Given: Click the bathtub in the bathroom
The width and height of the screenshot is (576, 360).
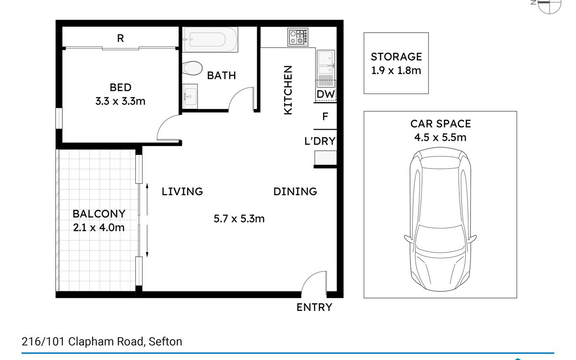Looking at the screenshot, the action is coord(210,39).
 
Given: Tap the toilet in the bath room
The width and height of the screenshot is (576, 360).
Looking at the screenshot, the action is coord(192,68).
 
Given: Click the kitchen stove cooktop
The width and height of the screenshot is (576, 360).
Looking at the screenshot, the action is coord(298,37).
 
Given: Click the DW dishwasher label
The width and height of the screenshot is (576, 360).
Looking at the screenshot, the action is coord(326,95).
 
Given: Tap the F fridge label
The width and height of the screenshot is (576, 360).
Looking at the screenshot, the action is coord(325,117).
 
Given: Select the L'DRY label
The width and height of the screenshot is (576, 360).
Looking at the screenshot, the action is coord(320,141).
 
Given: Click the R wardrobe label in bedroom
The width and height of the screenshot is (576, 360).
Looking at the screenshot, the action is coord(120,38).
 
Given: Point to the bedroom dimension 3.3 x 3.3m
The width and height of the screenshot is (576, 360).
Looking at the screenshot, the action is coord(120,101).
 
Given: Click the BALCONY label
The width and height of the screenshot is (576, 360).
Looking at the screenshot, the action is coord(99,214).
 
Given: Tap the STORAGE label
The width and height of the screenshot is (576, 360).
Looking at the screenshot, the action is coord(396,57).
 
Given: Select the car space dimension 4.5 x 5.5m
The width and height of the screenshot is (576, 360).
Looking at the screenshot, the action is coord(440,137).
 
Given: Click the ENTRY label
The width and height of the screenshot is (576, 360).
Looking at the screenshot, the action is coord(314,307).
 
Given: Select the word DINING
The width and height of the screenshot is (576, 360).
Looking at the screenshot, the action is coord(295,192).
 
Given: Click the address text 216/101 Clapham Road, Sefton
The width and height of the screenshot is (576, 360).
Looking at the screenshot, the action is coord(102,342).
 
